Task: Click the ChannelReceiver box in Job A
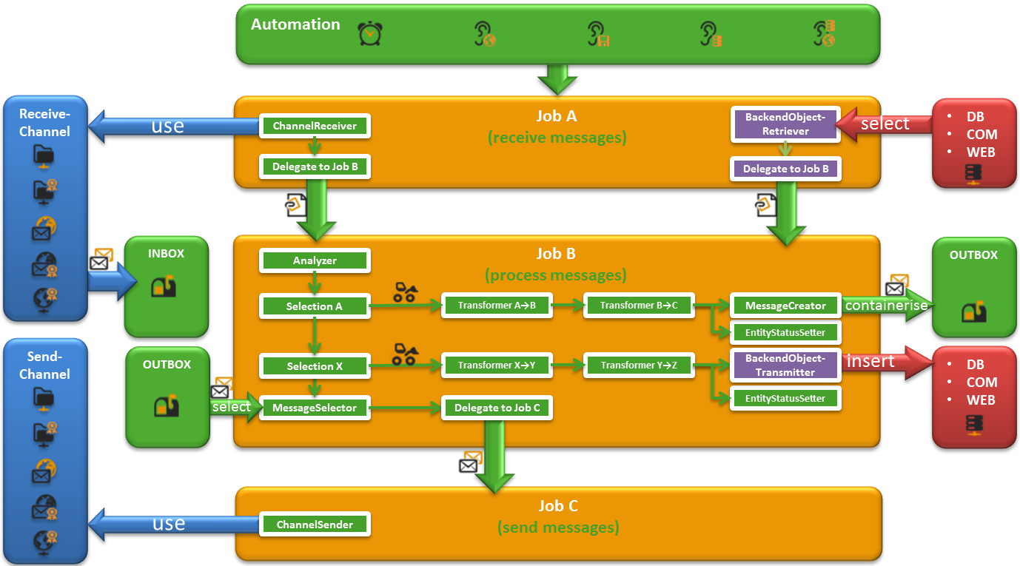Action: (x=315, y=127)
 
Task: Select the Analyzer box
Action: (x=315, y=260)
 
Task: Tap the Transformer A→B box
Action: (x=497, y=306)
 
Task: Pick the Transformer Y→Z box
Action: (x=639, y=365)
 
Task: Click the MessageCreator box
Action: (x=785, y=306)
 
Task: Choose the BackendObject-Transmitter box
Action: (x=785, y=365)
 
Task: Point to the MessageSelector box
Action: (x=315, y=408)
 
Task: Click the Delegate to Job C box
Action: (x=497, y=408)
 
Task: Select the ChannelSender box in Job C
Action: (x=315, y=525)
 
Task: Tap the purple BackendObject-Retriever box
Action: (x=785, y=125)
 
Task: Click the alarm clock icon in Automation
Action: (x=369, y=34)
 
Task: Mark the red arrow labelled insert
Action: (x=877, y=363)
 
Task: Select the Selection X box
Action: (x=315, y=366)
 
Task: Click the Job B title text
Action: (x=556, y=254)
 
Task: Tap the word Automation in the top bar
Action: (x=295, y=24)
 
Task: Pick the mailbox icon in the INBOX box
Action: (x=164, y=286)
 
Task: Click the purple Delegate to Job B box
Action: (x=785, y=169)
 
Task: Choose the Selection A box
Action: (x=315, y=306)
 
